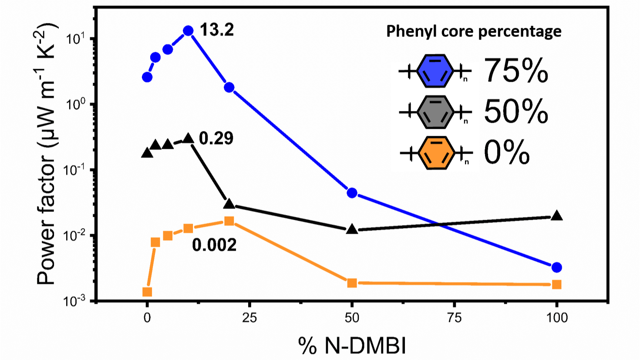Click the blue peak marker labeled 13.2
(188, 30)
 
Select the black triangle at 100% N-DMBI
(556, 215)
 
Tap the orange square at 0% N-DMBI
(147, 292)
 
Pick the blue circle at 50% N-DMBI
(352, 193)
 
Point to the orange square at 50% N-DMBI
(352, 283)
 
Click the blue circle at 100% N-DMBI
(556, 267)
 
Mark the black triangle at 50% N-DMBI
(352, 229)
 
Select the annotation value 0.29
(216, 138)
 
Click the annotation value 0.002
(214, 245)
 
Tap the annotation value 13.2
(217, 30)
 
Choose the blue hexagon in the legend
(435, 71)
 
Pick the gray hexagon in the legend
(435, 112)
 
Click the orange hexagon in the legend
(436, 153)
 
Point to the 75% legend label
(515, 71)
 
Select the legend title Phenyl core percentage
(474, 31)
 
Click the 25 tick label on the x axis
(249, 318)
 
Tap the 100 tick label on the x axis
(556, 318)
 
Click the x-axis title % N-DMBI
(352, 346)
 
